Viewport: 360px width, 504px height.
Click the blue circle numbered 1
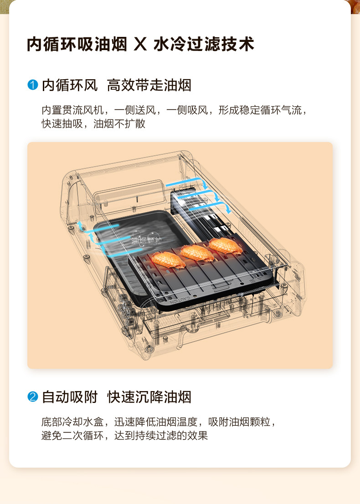pyautogui.click(x=32, y=85)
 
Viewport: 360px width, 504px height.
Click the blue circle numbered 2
pyautogui.click(x=32, y=397)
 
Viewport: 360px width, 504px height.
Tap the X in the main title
pyautogui.click(x=140, y=45)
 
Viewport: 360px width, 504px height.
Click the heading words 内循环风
pyautogui.click(x=70, y=85)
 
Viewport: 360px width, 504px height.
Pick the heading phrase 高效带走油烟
pyautogui.click(x=149, y=85)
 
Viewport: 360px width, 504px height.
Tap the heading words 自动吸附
pyautogui.click(x=70, y=397)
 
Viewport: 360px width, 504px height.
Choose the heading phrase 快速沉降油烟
pyautogui.click(x=149, y=397)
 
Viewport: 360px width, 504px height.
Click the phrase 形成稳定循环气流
pyautogui.click(x=260, y=111)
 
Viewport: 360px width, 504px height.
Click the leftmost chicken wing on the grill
pyautogui.click(x=169, y=260)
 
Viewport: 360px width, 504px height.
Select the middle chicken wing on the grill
pyautogui.click(x=197, y=253)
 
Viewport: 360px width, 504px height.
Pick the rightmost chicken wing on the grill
pyautogui.click(x=225, y=246)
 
